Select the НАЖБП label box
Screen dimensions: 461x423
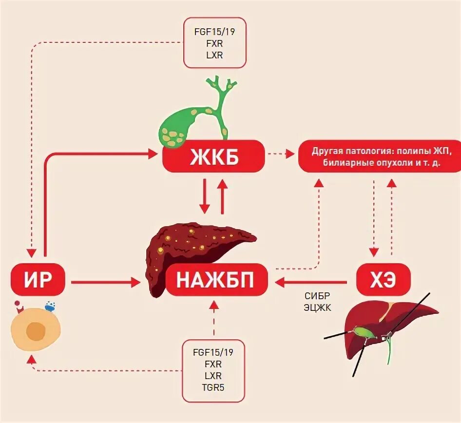pos(216,281)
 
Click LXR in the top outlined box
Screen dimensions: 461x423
pos(214,55)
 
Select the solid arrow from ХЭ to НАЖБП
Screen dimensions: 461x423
pos(312,282)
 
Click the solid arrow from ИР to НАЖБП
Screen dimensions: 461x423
pos(105,282)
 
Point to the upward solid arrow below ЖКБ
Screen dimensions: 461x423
pos(223,196)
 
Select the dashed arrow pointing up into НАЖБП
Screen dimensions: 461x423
pos(213,319)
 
